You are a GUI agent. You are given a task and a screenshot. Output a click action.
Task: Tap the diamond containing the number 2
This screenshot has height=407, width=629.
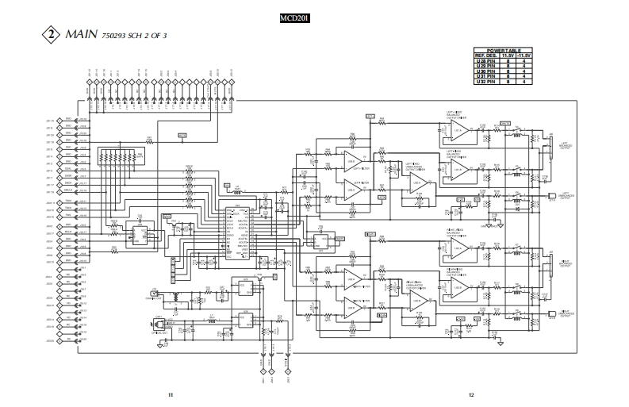pyautogui.click(x=52, y=36)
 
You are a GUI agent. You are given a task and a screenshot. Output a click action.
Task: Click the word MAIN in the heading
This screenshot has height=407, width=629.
pyautogui.click(x=82, y=35)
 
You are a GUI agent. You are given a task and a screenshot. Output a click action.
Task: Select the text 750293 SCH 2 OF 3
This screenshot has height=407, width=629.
pyautogui.click(x=135, y=36)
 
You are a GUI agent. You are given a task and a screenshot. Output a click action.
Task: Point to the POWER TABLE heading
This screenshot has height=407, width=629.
pyautogui.click(x=503, y=49)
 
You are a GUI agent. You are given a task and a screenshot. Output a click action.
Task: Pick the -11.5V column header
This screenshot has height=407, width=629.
pyautogui.click(x=525, y=55)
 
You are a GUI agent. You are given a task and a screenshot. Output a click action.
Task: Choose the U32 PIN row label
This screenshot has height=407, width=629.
pyautogui.click(x=485, y=82)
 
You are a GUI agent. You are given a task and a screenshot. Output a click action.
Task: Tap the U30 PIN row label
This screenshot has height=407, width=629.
pyautogui.click(x=485, y=71)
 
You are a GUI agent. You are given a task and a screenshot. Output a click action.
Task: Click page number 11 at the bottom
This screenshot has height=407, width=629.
pyautogui.click(x=170, y=394)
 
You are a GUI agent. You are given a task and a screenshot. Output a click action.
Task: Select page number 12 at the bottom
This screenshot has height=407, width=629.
pyautogui.click(x=470, y=394)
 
